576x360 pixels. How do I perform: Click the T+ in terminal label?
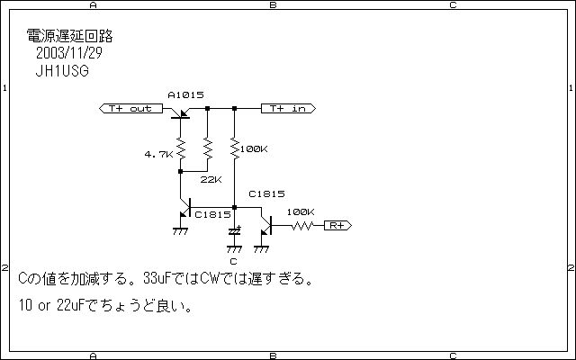pos(287,109)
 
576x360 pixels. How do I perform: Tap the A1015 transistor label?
pos(185,94)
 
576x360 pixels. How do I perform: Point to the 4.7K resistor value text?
pos(157,154)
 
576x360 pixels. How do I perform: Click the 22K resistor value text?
pos(211,179)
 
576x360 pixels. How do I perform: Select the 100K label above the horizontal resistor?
pos(300,212)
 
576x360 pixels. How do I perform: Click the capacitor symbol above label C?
pos(234,231)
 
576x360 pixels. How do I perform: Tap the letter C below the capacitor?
pos(234,261)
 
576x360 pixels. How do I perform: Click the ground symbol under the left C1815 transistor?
pos(180,232)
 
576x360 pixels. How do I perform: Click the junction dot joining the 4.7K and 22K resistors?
pos(180,169)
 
